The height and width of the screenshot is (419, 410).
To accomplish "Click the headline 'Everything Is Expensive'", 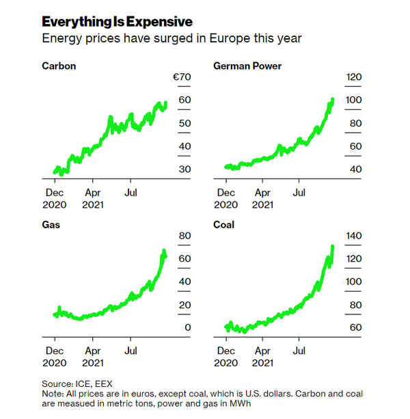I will (117, 22).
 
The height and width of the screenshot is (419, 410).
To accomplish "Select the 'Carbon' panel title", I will (59, 66).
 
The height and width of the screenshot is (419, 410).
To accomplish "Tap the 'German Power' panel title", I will (247, 66).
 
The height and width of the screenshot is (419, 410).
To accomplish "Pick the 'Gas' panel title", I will (51, 225).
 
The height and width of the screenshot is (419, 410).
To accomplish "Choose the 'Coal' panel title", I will (224, 225).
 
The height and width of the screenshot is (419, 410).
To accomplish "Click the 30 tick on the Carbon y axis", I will (184, 170).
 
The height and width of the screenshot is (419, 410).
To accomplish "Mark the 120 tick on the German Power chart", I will (354, 78).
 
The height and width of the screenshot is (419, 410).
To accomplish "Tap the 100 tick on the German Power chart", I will (354, 100).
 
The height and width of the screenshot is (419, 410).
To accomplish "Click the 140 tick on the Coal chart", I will (353, 236).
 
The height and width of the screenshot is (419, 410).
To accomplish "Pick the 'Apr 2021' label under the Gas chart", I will (93, 356).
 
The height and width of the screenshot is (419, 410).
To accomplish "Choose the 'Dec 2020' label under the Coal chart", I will (225, 356).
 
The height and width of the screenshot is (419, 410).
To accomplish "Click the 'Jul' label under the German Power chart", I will (299, 193).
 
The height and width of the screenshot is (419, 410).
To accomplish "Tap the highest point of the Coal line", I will (332, 246).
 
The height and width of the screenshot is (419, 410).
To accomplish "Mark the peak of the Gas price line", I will (163, 251).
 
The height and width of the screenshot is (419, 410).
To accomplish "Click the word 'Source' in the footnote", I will (58, 383).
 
